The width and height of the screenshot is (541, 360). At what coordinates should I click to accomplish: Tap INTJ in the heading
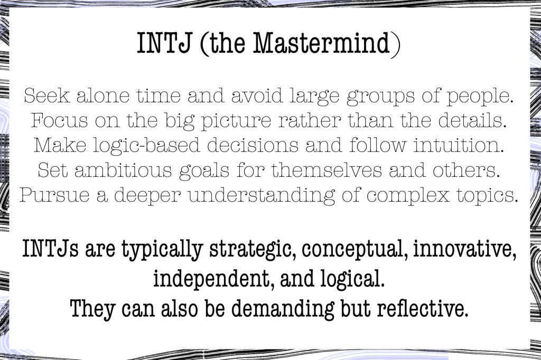[164, 43]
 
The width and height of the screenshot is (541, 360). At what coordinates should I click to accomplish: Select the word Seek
[46, 96]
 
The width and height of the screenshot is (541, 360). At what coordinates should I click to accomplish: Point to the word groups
[380, 97]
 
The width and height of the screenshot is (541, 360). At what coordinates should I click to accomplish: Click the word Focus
[59, 120]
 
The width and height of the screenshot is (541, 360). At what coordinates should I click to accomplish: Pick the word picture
[236, 122]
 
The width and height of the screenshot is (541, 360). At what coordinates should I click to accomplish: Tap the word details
[472, 120]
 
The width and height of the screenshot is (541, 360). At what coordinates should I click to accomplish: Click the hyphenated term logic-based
[146, 146]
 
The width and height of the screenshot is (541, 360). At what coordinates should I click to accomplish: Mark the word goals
[204, 172]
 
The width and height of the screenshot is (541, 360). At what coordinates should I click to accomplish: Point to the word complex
[408, 196]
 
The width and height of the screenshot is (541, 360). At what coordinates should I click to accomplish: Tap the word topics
[488, 196]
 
